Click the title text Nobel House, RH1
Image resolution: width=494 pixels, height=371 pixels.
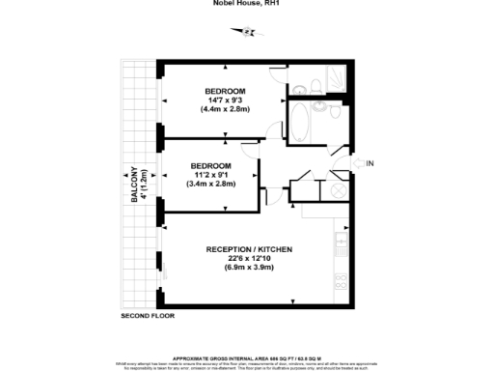(x=247, y=5)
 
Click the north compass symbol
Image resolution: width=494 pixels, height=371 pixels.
(x=248, y=32)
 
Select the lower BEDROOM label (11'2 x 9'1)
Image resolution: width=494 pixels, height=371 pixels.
(x=210, y=165)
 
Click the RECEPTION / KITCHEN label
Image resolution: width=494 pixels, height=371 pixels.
(x=249, y=250)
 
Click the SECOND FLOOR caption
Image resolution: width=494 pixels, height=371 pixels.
(x=148, y=317)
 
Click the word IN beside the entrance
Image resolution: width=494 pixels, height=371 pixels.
(x=370, y=163)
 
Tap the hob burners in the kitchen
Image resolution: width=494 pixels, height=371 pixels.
(x=340, y=283)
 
